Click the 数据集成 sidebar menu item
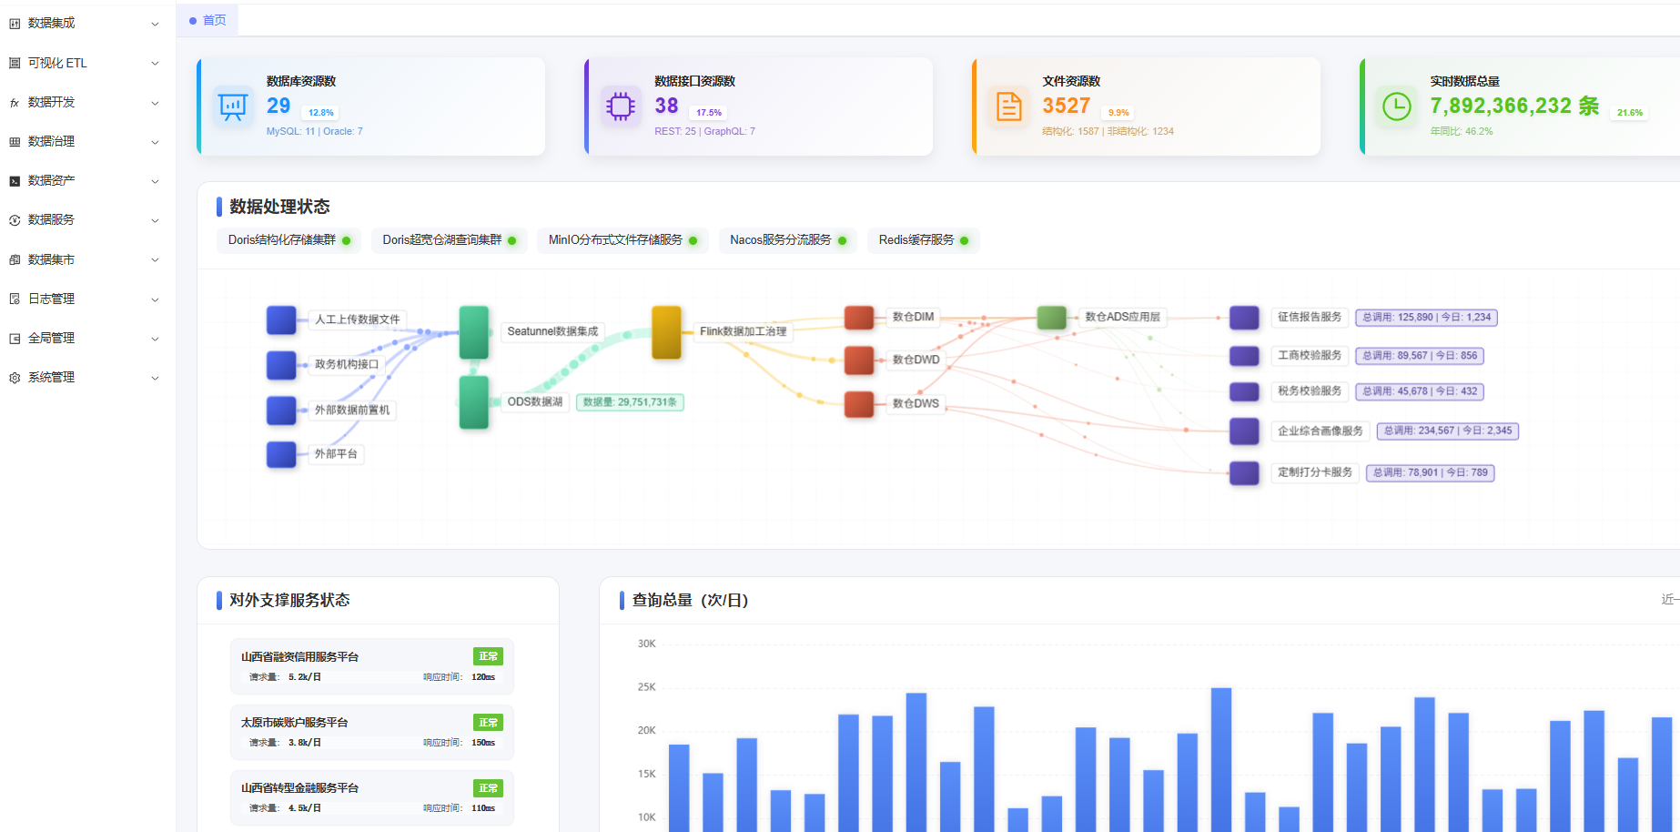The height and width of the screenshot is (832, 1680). pyautogui.click(x=52, y=23)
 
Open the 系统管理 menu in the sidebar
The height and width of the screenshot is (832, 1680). pyautogui.click(x=52, y=377)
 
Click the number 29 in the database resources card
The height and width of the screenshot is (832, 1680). pyautogui.click(x=278, y=106)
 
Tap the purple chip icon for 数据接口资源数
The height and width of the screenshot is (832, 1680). pyautogui.click(x=621, y=107)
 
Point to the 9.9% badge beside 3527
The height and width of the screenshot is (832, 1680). pyautogui.click(x=1118, y=113)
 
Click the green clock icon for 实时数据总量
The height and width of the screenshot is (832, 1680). pyautogui.click(x=1396, y=107)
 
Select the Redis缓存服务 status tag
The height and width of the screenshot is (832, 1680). pyautogui.click(x=922, y=240)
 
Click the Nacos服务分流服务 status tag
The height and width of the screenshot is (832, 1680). pyautogui.click(x=787, y=240)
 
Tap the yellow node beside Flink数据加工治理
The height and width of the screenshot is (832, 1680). pyautogui.click(x=666, y=332)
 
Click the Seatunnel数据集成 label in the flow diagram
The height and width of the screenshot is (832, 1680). pyautogui.click(x=552, y=331)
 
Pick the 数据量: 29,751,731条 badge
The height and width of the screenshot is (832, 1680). pyautogui.click(x=630, y=402)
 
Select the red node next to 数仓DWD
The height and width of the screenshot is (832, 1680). pyautogui.click(x=859, y=360)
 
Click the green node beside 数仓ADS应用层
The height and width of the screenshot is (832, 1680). pyautogui.click(x=1051, y=318)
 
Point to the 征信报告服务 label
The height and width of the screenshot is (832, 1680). pyautogui.click(x=1309, y=318)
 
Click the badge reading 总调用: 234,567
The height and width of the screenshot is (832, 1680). pyautogui.click(x=1447, y=431)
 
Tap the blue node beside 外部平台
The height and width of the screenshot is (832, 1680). pyautogui.click(x=281, y=453)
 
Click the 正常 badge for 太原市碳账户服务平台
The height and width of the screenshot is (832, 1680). pyautogui.click(x=488, y=723)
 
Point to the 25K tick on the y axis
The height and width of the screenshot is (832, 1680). pyautogui.click(x=646, y=687)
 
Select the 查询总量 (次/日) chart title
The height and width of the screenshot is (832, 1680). pyautogui.click(x=690, y=600)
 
